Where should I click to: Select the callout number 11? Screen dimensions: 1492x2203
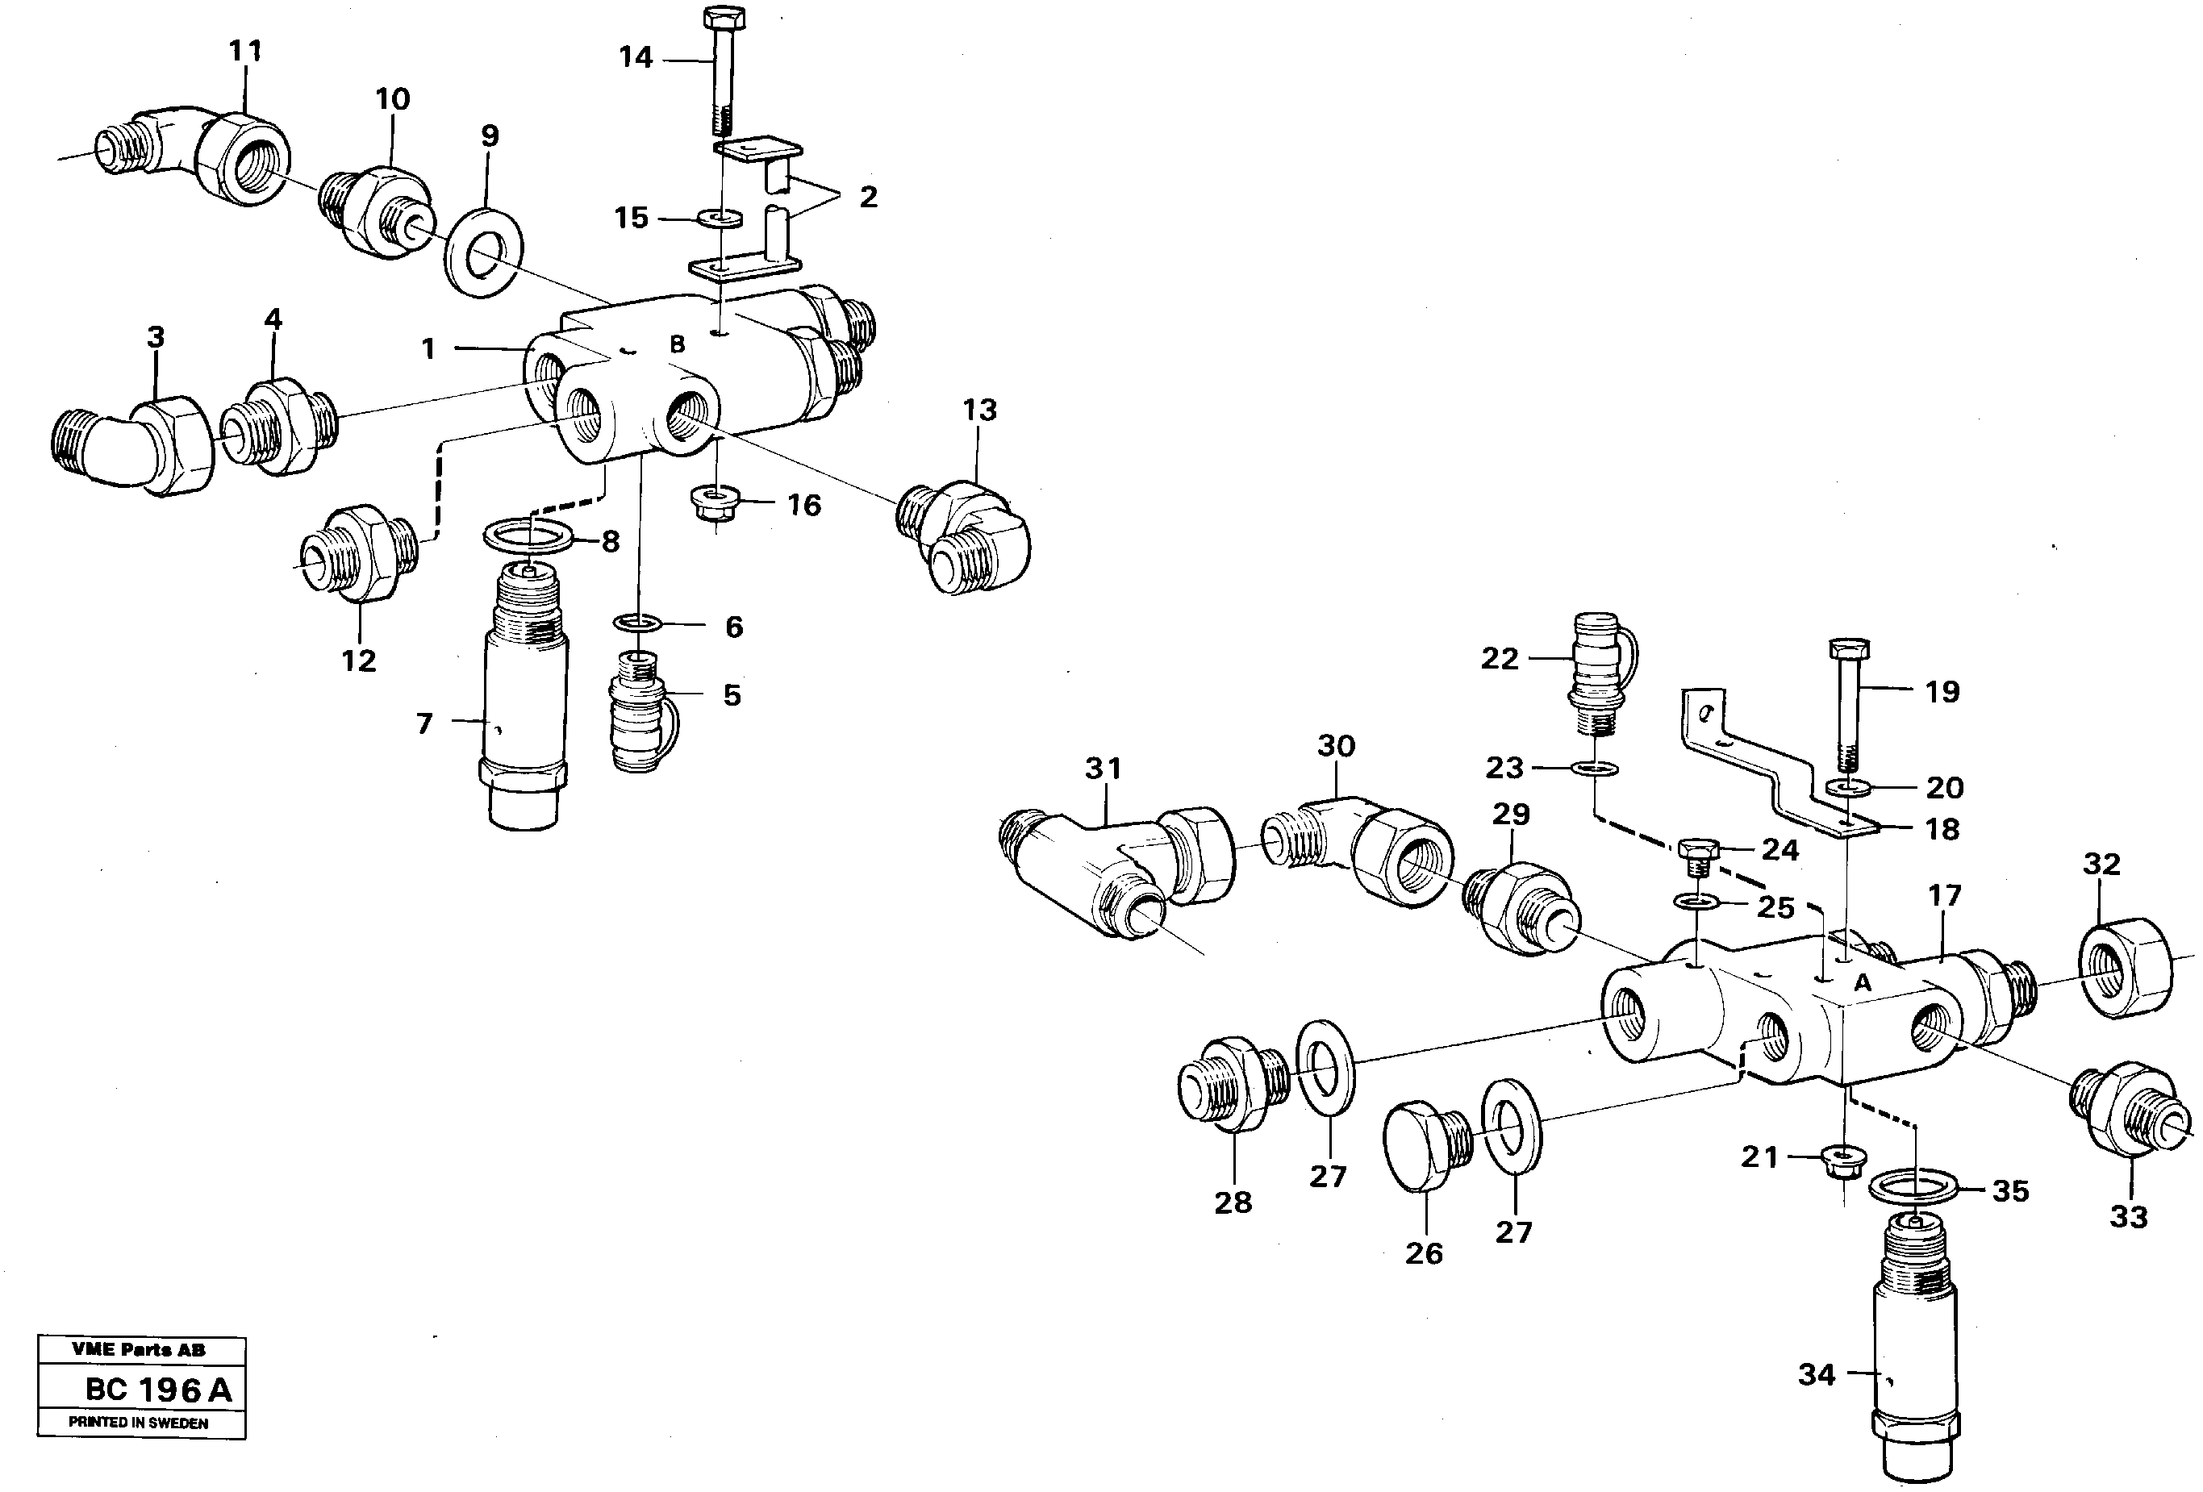tap(245, 51)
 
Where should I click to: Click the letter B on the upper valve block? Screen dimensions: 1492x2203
tap(677, 344)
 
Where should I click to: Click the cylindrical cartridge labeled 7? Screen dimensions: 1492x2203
tap(524, 720)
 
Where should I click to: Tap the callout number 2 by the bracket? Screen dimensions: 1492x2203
tap(867, 197)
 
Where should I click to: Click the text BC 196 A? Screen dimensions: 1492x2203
tap(157, 1390)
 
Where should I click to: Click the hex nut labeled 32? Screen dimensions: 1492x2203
tap(2126, 969)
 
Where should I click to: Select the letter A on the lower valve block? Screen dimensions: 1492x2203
tap(1863, 984)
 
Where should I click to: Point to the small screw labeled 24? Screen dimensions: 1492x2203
tap(1698, 852)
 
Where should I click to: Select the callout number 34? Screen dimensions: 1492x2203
tap(1817, 1374)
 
